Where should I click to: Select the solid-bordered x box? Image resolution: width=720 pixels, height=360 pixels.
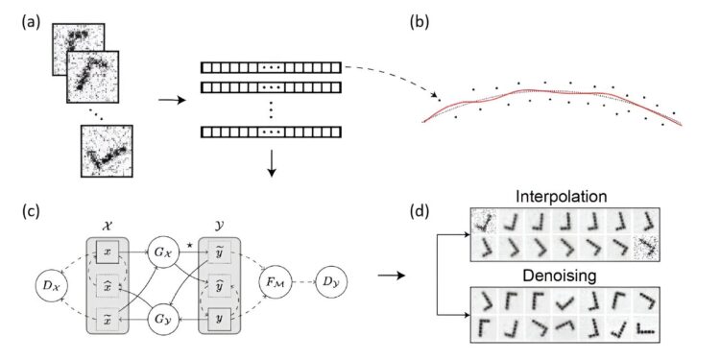107,251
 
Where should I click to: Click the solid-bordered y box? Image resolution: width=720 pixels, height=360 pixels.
223,317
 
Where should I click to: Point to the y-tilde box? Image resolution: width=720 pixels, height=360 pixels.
223,251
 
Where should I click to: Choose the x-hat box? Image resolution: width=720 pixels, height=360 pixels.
107,284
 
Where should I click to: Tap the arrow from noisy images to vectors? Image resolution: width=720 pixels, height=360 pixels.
153,97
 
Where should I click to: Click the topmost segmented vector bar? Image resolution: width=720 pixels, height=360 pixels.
270,68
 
